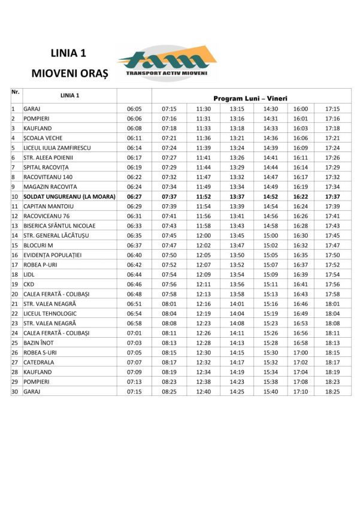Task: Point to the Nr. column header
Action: pos(16,92)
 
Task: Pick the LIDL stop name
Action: pos(29,274)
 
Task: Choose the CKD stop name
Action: pos(29,284)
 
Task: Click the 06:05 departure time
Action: pos(134,109)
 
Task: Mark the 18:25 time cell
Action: pos(332,392)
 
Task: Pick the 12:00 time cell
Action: pos(203,235)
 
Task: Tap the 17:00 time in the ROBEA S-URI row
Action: pos(301,353)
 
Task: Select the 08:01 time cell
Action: pos(169,304)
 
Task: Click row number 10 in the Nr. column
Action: pos(14,196)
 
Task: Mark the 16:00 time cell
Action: pos(301,109)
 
